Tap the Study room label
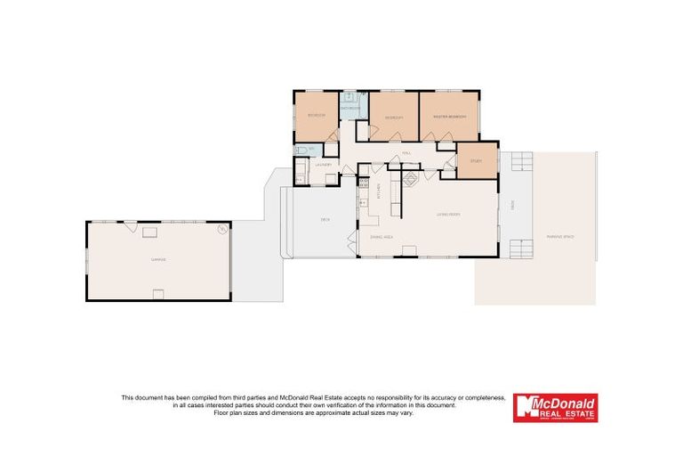pyautogui.click(x=475, y=160)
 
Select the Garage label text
pyautogui.click(x=157, y=259)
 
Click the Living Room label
pyautogui.click(x=447, y=215)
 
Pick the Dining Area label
pyautogui.click(x=382, y=238)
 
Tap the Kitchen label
pyautogui.click(x=380, y=191)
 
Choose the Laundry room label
pyautogui.click(x=322, y=164)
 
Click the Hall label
pyautogui.click(x=406, y=152)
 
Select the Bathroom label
pyautogui.click(x=350, y=109)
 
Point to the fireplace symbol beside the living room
pyautogui.click(x=411, y=178)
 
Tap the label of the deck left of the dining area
pyautogui.click(x=325, y=219)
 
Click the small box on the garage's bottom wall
pyautogui.click(x=158, y=295)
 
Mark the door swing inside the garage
pyautogui.click(x=133, y=229)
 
